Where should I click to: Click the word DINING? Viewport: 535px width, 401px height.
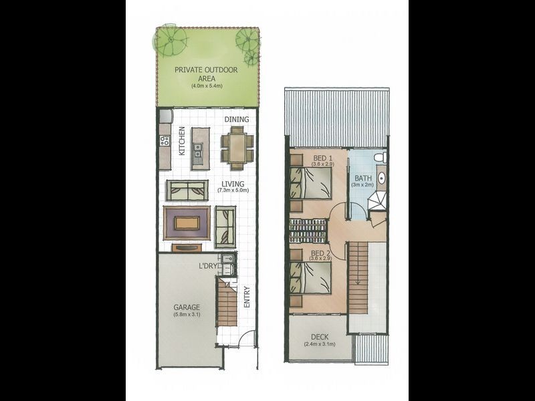point(237,120)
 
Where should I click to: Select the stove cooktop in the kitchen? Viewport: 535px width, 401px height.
point(165,141)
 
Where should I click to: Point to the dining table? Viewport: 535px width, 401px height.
point(237,148)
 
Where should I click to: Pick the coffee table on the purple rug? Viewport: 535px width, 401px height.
point(188,222)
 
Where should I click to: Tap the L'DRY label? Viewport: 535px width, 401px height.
point(208,266)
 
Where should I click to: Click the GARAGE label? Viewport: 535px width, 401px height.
point(187,307)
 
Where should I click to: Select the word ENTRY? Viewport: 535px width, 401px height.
point(247,297)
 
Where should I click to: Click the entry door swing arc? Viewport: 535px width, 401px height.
point(247,338)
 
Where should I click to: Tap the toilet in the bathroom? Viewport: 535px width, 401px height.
point(379,157)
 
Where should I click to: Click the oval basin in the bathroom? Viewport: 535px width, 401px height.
point(381,178)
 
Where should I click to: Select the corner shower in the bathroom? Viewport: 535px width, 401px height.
point(379,200)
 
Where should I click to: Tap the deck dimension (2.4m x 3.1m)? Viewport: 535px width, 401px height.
point(320,344)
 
